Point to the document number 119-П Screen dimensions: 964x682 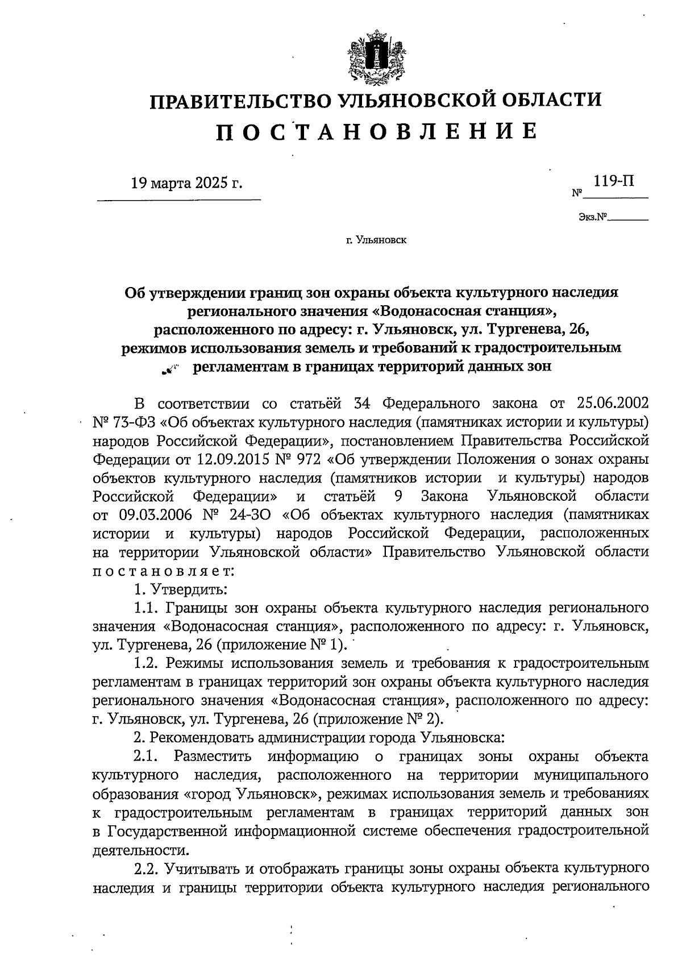click(614, 182)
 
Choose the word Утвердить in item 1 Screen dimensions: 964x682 click(190, 589)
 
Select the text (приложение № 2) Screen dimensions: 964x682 click(379, 718)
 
